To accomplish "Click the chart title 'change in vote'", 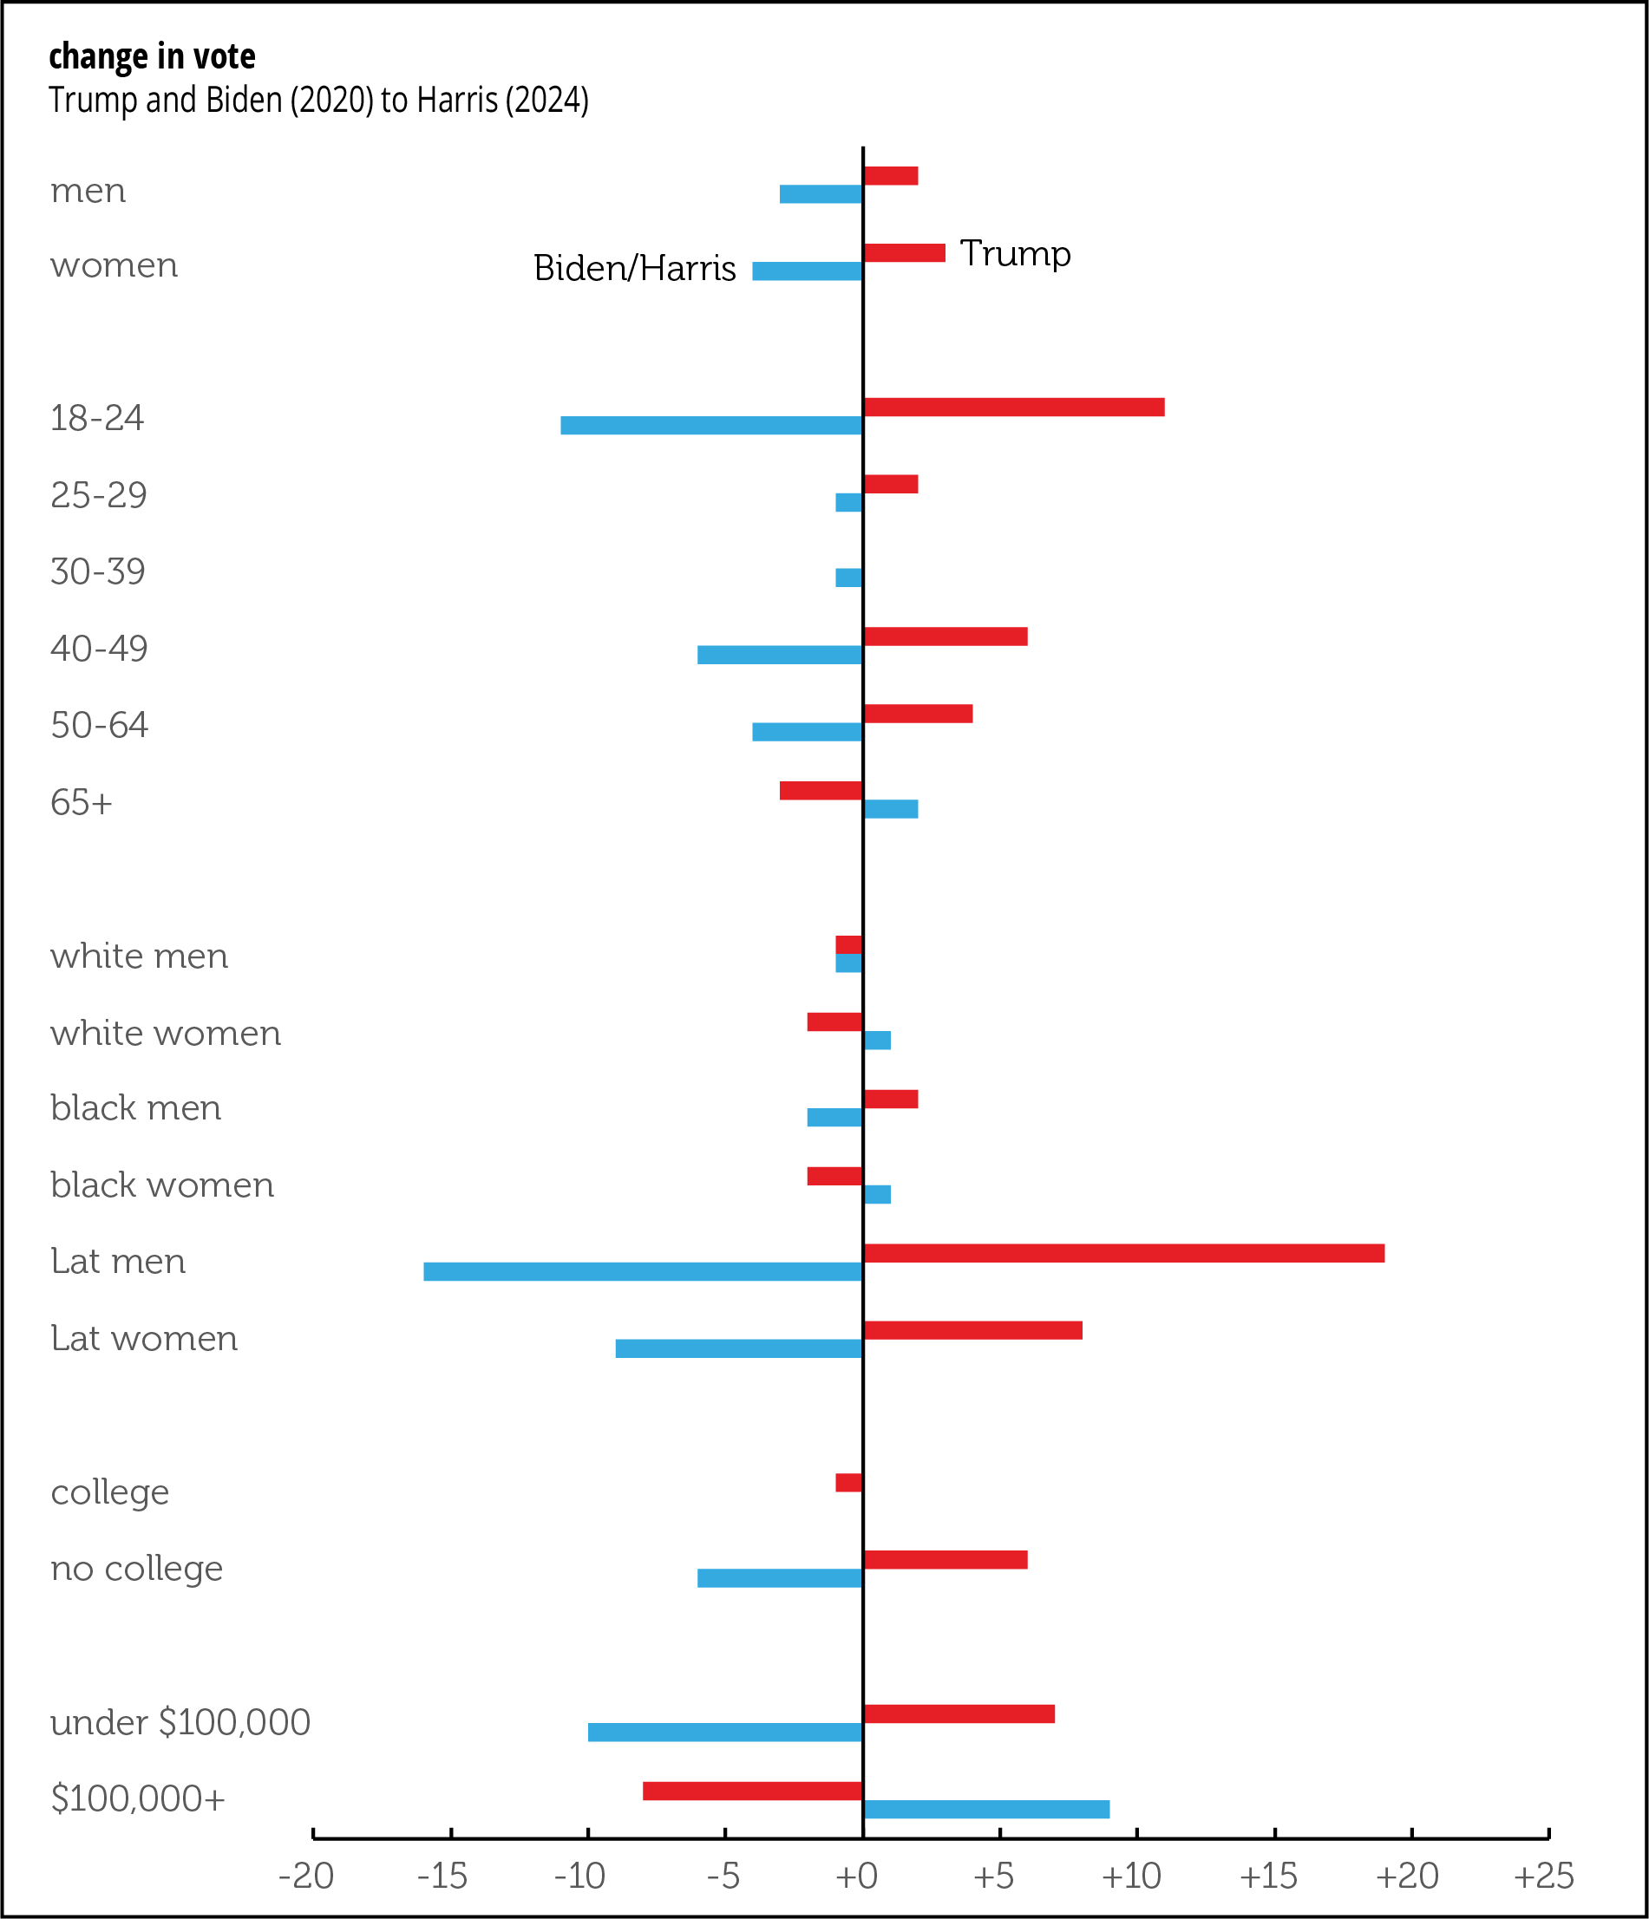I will pyautogui.click(x=152, y=56).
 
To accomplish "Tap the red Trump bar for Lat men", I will pyautogui.click(x=1122, y=1253).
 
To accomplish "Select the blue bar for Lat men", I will pyautogui.click(x=643, y=1271).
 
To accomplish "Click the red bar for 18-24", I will pyautogui.click(x=1013, y=408).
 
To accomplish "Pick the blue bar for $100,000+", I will pyautogui.click(x=985, y=1809).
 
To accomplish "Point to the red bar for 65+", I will pyautogui.click(x=821, y=791).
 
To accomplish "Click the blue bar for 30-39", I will pyautogui.click(x=848, y=578).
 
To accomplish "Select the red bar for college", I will pyautogui.click(x=848, y=1483).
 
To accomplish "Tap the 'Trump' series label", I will pyautogui.click(x=1016, y=254).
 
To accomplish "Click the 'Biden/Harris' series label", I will pyautogui.click(x=635, y=269).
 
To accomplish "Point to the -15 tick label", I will pyautogui.click(x=442, y=1876).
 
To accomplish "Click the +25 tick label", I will pyautogui.click(x=1543, y=1876).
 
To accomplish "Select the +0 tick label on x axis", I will pyautogui.click(x=856, y=1876).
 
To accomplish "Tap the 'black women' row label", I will pyautogui.click(x=162, y=1185).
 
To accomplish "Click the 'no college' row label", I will pyautogui.click(x=137, y=1569).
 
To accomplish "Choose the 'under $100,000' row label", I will pyautogui.click(x=180, y=1723).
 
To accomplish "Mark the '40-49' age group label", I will pyautogui.click(x=99, y=649).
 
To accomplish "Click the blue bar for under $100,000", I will pyautogui.click(x=725, y=1732).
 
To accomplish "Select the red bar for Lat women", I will pyautogui.click(x=972, y=1331).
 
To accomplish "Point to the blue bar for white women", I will pyautogui.click(x=876, y=1040).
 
